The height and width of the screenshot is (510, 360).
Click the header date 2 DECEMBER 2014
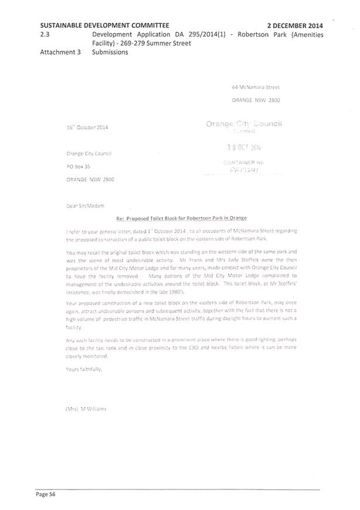[x=294, y=26]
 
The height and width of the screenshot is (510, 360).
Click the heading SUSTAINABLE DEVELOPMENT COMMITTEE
[x=105, y=26]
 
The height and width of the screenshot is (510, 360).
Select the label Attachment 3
[x=60, y=52]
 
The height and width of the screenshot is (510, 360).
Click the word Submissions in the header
[x=110, y=52]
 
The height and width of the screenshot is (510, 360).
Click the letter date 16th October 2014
[x=87, y=127]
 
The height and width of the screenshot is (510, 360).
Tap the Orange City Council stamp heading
[x=244, y=124]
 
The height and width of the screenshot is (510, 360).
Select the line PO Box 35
[x=78, y=167]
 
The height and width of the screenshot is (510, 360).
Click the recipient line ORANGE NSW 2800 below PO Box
[x=90, y=180]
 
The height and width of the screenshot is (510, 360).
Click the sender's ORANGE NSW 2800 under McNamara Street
[x=256, y=100]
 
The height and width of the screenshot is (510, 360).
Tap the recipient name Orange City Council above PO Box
[x=89, y=154]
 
